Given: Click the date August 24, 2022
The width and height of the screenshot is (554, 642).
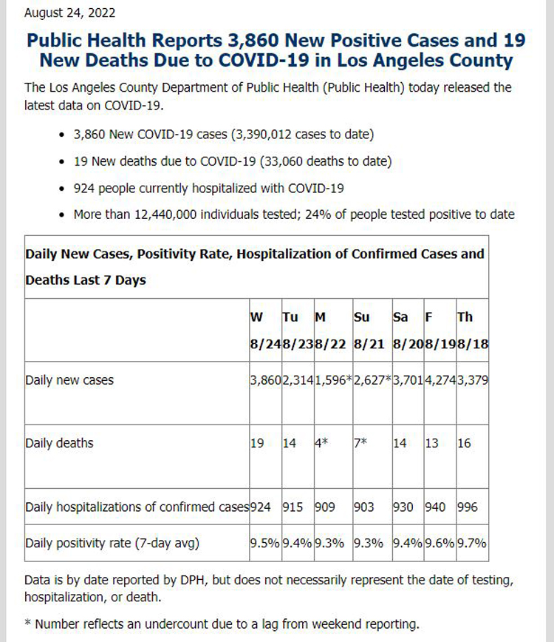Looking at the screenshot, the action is click(69, 13).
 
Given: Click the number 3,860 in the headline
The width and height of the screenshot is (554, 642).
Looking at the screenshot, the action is click(253, 41).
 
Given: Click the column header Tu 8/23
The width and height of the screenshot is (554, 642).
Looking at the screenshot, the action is click(298, 330).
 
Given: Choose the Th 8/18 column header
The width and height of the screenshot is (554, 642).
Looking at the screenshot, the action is click(473, 330).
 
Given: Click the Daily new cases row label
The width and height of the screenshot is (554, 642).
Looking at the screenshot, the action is click(69, 380).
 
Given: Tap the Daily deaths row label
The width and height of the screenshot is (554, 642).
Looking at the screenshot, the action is click(59, 444).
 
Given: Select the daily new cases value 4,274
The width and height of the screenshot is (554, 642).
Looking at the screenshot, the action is click(440, 380).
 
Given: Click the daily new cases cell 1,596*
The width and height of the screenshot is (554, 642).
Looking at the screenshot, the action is click(333, 380).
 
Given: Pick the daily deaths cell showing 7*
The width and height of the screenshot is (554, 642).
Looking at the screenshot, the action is click(360, 443).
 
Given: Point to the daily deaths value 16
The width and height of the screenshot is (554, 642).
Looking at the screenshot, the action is click(464, 444).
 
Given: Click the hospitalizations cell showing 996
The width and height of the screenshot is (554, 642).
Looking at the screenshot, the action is click(468, 507).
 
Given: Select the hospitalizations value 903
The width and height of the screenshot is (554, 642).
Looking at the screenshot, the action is click(364, 507).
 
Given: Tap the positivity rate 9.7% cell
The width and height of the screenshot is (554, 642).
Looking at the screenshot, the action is click(472, 544).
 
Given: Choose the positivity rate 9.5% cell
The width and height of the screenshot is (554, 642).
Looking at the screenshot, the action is click(264, 544).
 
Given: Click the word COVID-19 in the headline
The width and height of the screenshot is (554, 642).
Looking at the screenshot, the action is click(264, 61).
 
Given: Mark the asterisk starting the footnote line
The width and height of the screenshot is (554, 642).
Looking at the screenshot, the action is click(27, 624).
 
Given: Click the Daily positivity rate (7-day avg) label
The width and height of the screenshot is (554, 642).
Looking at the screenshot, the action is click(112, 544).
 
